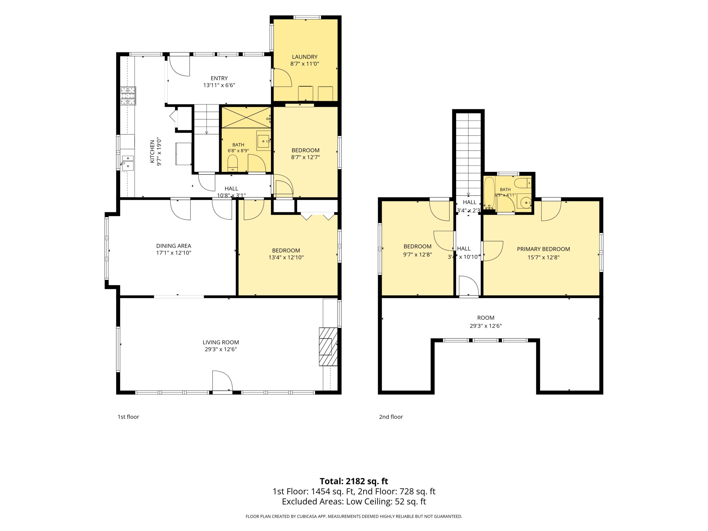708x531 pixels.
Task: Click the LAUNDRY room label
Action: (x=304, y=57)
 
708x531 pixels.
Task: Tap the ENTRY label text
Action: (x=219, y=78)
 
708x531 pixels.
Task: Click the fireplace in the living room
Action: (x=328, y=346)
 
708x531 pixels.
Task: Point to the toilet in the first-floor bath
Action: (x=232, y=163)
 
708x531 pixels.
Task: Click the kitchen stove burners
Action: (x=128, y=96)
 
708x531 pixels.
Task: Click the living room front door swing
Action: (x=222, y=381)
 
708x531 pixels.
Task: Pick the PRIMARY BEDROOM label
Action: (x=543, y=249)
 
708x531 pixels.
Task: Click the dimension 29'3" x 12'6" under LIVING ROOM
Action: (x=221, y=349)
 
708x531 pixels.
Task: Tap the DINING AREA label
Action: (x=173, y=246)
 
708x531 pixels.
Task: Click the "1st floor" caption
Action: (x=128, y=417)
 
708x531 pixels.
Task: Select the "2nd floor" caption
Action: (x=391, y=417)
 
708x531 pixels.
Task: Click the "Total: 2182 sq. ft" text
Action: (x=354, y=481)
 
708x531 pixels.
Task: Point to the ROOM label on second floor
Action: (x=486, y=318)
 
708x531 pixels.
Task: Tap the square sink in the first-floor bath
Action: (x=263, y=140)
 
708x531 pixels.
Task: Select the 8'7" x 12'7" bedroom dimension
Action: (x=305, y=157)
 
